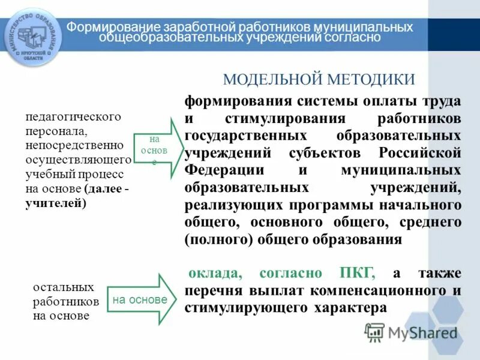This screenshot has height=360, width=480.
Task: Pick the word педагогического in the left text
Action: [73, 116]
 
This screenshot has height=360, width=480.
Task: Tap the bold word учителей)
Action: [56, 203]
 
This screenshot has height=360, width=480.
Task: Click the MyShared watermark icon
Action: [374, 332]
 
